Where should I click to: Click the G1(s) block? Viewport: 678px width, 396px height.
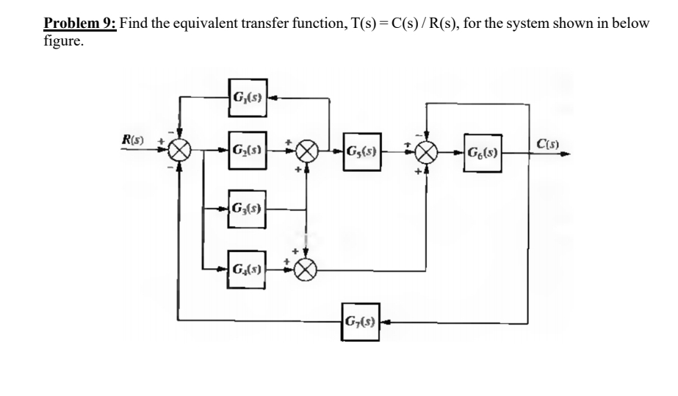click(x=247, y=96)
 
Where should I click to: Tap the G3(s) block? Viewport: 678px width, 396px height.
click(x=247, y=209)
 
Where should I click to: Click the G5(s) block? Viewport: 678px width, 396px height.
click(x=361, y=156)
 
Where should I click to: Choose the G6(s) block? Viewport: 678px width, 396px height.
click(x=482, y=156)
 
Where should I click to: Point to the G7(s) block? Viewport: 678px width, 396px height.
click(x=361, y=320)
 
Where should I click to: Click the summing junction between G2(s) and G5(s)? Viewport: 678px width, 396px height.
click(x=306, y=156)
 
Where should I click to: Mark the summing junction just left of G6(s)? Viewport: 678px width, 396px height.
click(x=427, y=156)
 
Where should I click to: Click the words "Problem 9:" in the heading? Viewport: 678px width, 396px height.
click(x=80, y=22)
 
